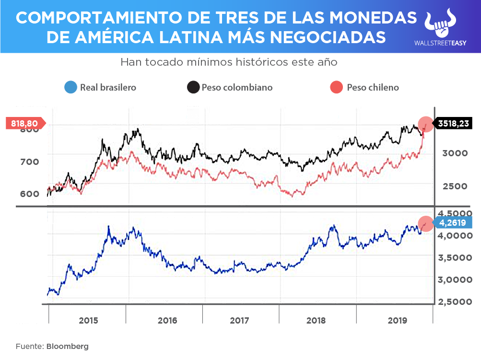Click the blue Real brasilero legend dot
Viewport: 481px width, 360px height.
coord(70,87)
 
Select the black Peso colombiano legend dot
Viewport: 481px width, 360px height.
coord(193,87)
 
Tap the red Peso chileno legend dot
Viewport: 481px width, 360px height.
coord(337,87)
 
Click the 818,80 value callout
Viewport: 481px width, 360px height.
coord(25,123)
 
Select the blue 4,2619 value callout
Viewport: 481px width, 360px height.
coord(453,222)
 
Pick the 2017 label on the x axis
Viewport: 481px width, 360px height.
coord(240,320)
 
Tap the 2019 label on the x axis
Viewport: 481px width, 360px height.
coord(396,320)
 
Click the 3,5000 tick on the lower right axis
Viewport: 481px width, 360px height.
coord(453,258)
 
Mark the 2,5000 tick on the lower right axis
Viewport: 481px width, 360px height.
coord(453,302)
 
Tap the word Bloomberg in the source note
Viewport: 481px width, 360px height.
coord(68,346)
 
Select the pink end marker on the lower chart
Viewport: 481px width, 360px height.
coord(425,223)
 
